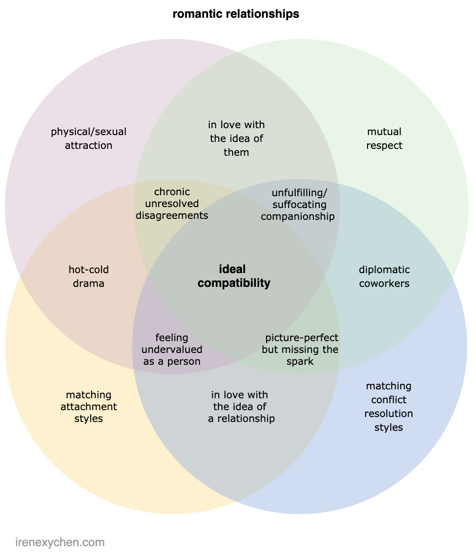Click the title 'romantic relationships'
[x=236, y=14]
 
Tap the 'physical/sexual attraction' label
[x=89, y=139]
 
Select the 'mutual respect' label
[x=384, y=139]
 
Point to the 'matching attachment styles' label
[x=89, y=407]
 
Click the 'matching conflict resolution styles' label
[x=389, y=407]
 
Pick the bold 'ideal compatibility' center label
[x=234, y=276]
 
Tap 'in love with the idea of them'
[x=237, y=139]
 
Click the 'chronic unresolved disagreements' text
[x=172, y=204]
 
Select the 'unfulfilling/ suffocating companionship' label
[x=298, y=204]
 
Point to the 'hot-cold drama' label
[x=89, y=277]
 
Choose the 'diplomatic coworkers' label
[x=384, y=277]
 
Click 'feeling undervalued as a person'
[x=172, y=349]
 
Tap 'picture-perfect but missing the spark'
[x=301, y=349]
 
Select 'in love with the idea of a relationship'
[x=241, y=407]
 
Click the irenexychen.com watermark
[x=60, y=543]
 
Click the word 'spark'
[x=300, y=362]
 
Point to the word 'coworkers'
[x=384, y=283]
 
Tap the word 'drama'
[x=89, y=283]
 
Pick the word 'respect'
[x=384, y=145]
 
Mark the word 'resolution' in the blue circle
[x=389, y=414]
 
